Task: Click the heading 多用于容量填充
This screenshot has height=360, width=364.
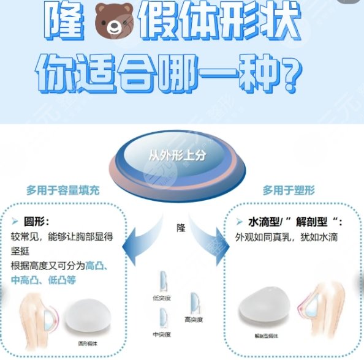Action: pyautogui.click(x=63, y=190)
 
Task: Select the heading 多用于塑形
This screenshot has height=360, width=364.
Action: pyautogui.click(x=291, y=190)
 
